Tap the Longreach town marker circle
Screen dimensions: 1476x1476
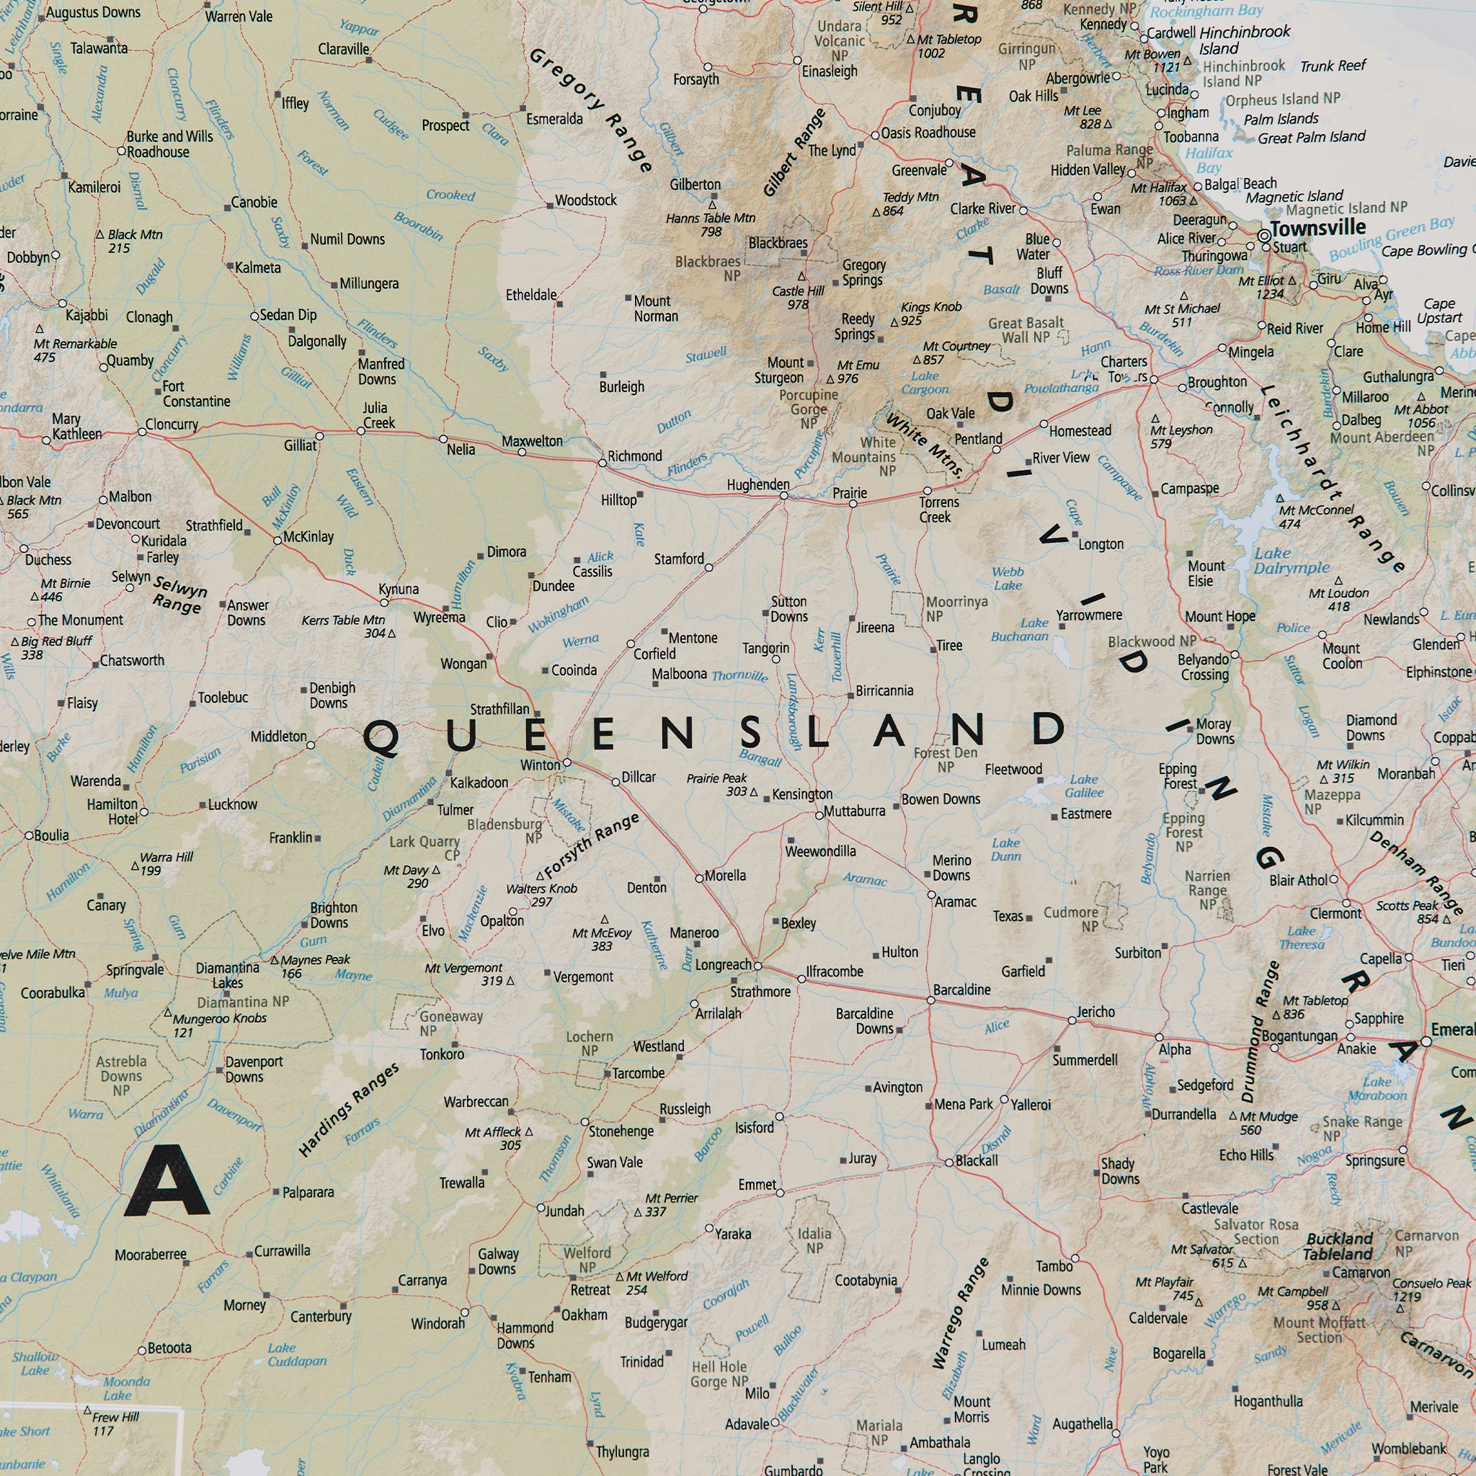coord(757,966)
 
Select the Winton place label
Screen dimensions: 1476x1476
coord(540,765)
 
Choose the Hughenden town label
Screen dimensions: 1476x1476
coord(758,484)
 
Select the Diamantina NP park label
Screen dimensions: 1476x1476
coord(243,1002)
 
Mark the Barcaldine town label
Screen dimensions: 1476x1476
coord(961,990)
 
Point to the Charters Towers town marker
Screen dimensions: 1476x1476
coord(1154,379)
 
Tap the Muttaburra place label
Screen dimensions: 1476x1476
coord(854,811)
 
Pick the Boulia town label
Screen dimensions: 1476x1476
coord(51,835)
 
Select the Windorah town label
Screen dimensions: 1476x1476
coord(437,1323)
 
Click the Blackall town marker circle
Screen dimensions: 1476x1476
coord(949,1162)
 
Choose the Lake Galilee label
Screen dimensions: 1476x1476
coord(1082,786)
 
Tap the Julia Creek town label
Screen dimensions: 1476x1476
coord(378,415)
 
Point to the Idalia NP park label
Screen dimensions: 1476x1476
coord(814,1241)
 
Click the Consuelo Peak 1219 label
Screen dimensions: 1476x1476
coord(1431,1289)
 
